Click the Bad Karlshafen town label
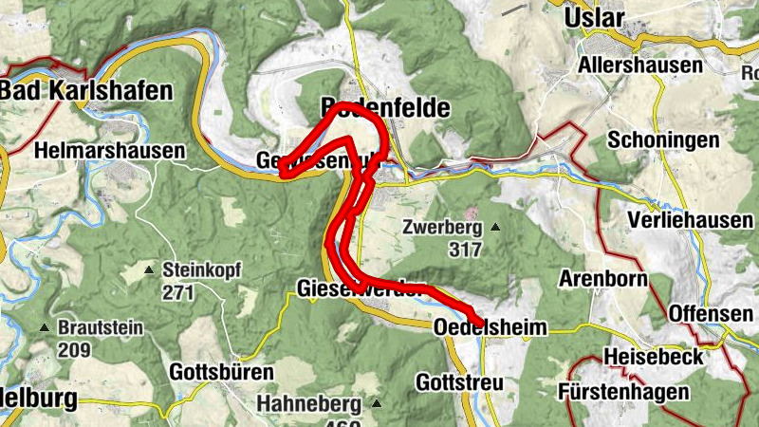coord(87,91)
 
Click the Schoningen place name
coord(664,139)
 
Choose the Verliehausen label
coord(691,219)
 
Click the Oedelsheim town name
coord(491,327)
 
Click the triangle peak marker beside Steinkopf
coord(149,270)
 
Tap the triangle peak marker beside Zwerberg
coord(494,228)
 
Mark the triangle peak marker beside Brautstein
coord(45,328)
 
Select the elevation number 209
coord(74,349)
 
